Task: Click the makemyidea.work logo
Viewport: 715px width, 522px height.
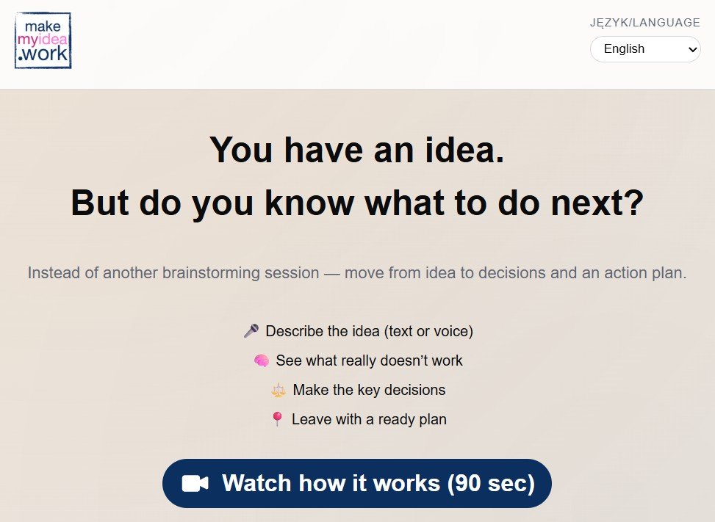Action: [43, 40]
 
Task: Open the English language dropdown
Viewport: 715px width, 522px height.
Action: [644, 49]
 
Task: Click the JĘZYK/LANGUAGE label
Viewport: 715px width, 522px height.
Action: [644, 22]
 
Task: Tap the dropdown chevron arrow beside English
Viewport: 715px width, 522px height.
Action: [692, 50]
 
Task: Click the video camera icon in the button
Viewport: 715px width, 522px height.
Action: [195, 483]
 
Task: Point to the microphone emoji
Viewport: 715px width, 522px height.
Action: [251, 330]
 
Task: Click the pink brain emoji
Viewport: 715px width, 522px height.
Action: [262, 360]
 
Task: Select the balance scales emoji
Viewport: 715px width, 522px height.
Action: [279, 391]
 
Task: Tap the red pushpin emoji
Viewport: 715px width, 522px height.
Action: [277, 419]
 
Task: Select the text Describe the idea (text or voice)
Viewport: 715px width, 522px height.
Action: [370, 331]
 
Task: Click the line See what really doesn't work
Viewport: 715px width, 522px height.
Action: [369, 360]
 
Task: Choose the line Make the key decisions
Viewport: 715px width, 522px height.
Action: [369, 390]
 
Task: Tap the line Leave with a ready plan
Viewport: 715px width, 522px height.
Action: [369, 419]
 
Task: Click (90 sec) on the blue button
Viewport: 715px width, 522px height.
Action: [491, 483]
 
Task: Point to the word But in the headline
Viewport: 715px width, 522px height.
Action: [99, 203]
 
